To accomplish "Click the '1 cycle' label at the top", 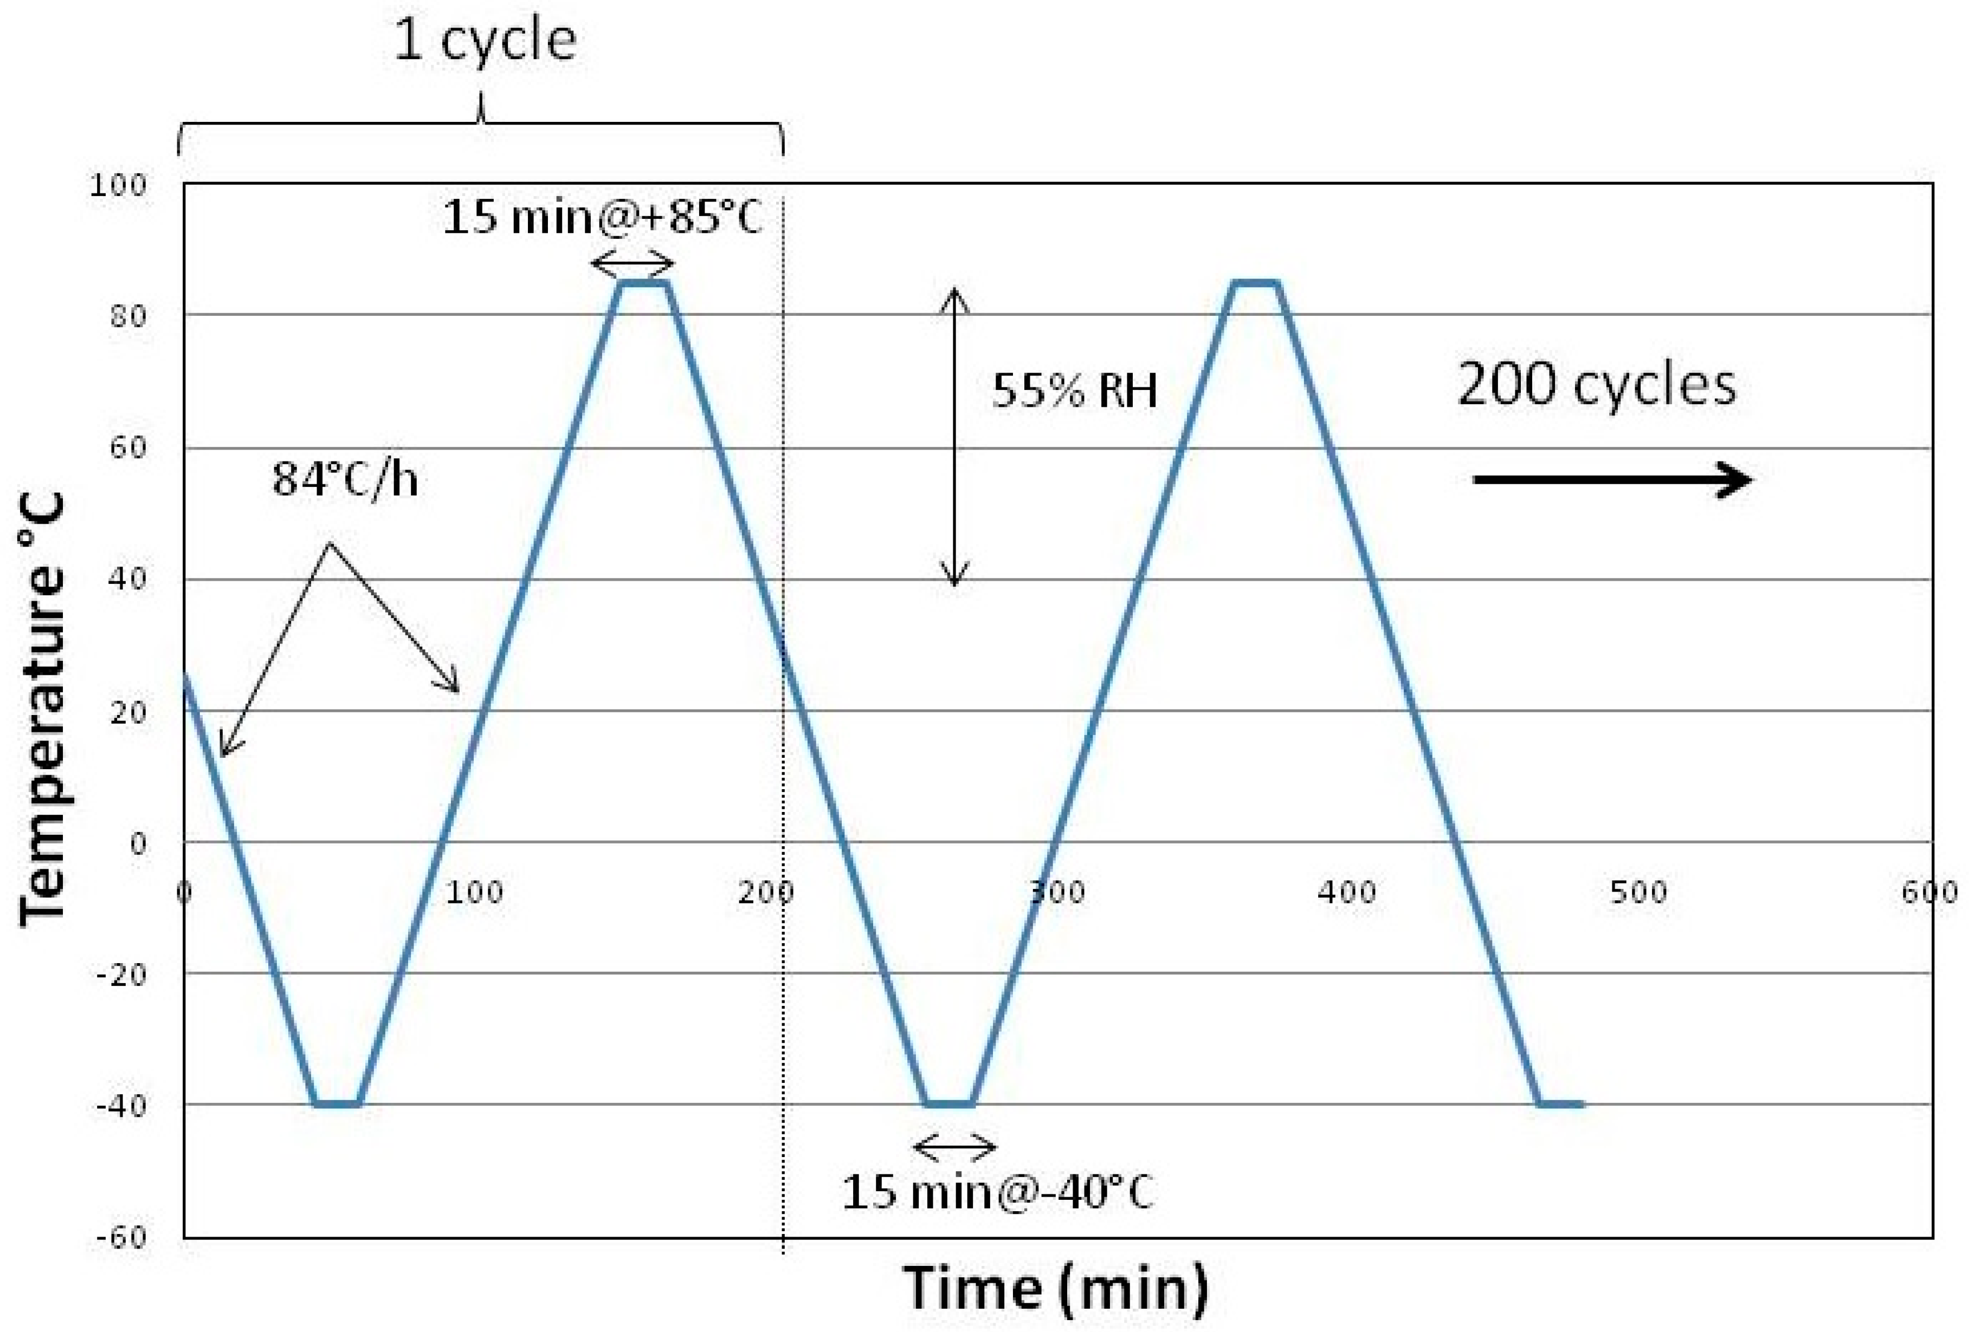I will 485,41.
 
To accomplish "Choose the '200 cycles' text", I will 1597,384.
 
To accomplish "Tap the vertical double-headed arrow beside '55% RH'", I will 954,438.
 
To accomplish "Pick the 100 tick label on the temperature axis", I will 118,185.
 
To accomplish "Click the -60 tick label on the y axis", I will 121,1237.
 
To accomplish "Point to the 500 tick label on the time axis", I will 1638,892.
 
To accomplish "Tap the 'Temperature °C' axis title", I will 42,709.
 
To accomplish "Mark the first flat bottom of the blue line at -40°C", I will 337,1104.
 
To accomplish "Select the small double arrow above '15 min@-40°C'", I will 954,1148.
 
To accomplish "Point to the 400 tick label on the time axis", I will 1347,892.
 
